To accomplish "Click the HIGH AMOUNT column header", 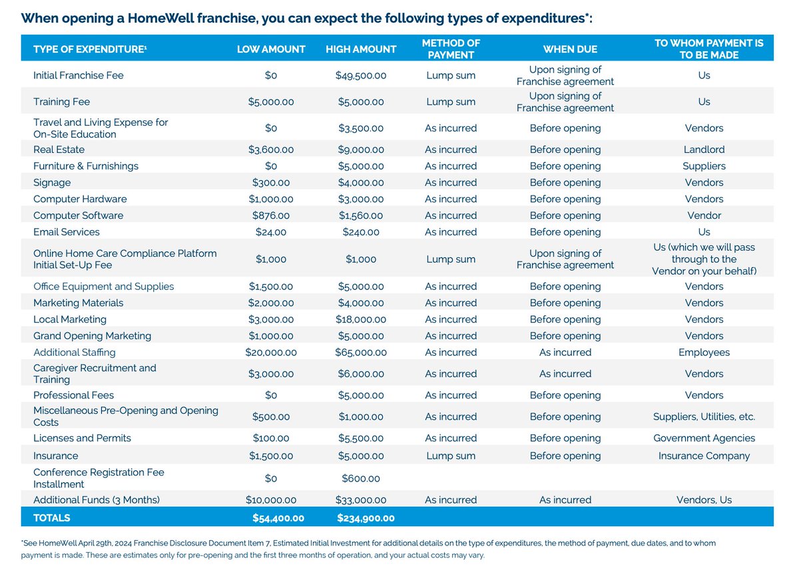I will tap(361, 49).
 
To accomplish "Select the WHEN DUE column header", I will tap(570, 49).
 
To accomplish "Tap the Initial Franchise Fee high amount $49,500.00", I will tap(361, 76).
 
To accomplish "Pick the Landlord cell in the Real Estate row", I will tap(704, 150).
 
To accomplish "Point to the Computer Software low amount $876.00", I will tap(271, 216).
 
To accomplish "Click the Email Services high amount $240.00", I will tap(361, 233).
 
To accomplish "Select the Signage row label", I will tap(52, 183).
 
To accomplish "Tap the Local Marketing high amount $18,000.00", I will tap(361, 320).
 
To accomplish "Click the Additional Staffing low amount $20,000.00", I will tap(271, 353).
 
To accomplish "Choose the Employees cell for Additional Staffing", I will tap(704, 353).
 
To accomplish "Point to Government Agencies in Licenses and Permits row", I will tap(704, 439).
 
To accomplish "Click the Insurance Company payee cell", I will tap(704, 456).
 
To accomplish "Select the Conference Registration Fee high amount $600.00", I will tap(361, 479).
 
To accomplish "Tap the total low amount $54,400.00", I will tap(278, 518).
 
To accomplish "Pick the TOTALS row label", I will tap(52, 518).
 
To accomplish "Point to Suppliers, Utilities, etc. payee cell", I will tap(704, 417).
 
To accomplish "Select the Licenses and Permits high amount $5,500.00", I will tap(361, 439).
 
